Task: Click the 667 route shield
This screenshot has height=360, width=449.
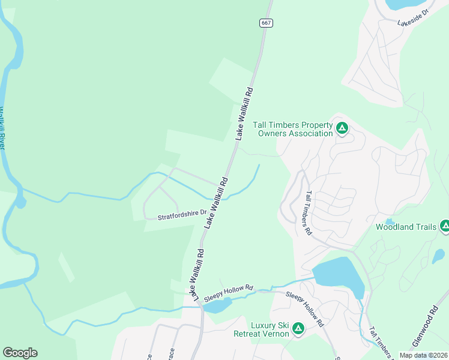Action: point(267,23)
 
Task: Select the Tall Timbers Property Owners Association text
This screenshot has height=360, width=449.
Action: point(292,129)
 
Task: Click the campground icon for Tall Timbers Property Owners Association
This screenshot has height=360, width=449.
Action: point(342,127)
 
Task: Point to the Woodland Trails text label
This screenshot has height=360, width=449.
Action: point(406,227)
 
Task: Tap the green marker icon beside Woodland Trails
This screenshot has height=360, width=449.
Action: point(445,226)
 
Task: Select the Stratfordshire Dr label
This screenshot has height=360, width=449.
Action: point(182,213)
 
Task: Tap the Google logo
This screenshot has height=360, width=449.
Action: point(20,353)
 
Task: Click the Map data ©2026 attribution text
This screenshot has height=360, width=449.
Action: point(423,355)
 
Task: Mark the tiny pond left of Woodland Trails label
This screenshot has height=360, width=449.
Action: point(390,221)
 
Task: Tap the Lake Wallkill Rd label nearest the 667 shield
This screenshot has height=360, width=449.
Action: point(244,114)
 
